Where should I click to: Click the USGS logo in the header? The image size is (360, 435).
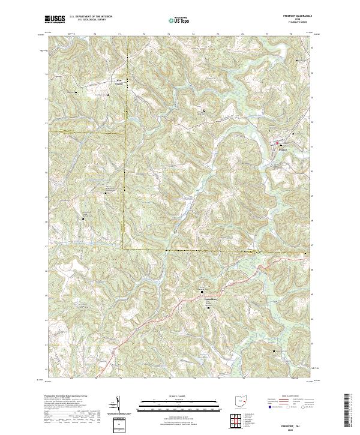pos(55,20)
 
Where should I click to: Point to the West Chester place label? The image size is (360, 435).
pos(119,82)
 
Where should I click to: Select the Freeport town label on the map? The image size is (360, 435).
pos(283,148)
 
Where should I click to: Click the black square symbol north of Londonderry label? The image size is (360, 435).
pos(203,292)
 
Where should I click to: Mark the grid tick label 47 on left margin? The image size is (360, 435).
pos(45,246)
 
